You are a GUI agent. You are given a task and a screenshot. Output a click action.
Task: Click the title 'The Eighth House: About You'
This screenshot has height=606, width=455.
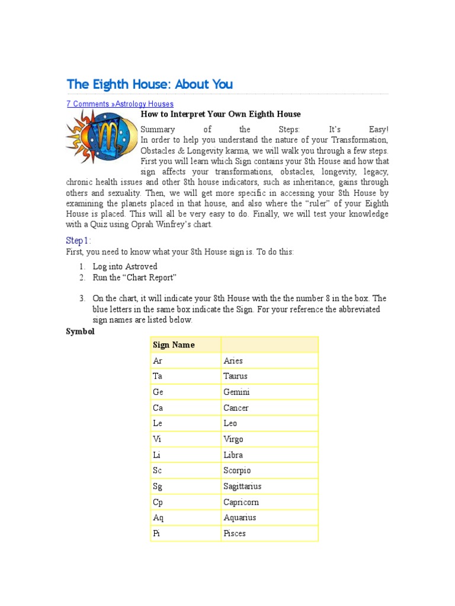tap(149, 84)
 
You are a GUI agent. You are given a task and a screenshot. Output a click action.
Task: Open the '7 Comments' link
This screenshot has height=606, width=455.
tap(88, 104)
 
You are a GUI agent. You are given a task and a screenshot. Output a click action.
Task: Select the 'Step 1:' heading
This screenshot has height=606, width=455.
tap(78, 240)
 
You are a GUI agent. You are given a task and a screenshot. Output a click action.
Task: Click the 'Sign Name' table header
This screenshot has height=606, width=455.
tap(174, 345)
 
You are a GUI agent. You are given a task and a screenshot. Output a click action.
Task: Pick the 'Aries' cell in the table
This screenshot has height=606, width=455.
tap(233, 360)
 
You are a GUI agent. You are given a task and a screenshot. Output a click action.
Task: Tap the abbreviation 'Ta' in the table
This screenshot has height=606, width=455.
tap(158, 376)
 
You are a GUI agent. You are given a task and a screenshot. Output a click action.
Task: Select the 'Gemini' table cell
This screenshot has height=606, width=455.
tap(236, 392)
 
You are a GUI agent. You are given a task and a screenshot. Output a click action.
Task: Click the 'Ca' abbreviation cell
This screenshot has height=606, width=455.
tap(158, 408)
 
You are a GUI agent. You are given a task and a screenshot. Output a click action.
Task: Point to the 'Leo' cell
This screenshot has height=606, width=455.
tap(230, 423)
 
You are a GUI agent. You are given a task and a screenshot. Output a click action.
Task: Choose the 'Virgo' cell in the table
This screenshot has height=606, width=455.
tap(233, 439)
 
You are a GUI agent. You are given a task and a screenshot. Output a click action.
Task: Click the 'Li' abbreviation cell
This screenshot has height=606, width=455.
tap(157, 455)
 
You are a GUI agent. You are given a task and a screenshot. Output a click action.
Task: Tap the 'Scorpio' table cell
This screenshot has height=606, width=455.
tap(237, 470)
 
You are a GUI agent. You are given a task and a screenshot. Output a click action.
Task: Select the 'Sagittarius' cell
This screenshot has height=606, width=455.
tap(242, 486)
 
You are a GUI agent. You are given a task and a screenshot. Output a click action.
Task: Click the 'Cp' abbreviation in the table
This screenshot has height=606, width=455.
tap(158, 502)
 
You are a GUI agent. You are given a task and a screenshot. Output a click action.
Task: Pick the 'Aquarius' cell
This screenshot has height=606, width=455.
tap(239, 518)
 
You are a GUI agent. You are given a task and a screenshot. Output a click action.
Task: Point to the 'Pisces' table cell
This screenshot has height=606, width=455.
tap(235, 534)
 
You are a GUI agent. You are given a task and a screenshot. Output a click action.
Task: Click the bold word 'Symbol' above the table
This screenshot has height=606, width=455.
tap(79, 331)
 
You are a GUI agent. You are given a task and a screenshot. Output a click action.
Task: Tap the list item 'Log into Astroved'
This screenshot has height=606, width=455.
tap(122, 267)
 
